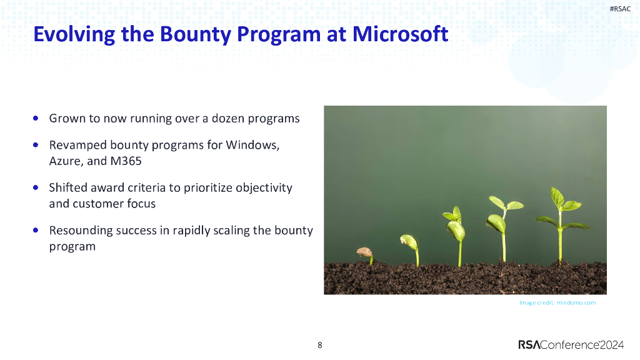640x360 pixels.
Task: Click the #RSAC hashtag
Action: [619, 8]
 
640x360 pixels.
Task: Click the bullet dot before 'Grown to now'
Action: [37, 117]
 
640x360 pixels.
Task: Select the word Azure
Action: [64, 161]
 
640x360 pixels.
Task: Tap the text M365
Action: [127, 161]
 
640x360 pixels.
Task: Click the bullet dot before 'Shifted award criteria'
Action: [37, 187]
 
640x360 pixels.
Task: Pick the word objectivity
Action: [264, 187]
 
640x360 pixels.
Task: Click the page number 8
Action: [320, 345]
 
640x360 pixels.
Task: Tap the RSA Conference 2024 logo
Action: [572, 344]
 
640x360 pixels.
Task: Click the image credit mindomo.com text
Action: [557, 302]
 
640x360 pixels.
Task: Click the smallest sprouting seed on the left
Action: [366, 254]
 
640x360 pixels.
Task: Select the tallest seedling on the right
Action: [559, 219]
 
